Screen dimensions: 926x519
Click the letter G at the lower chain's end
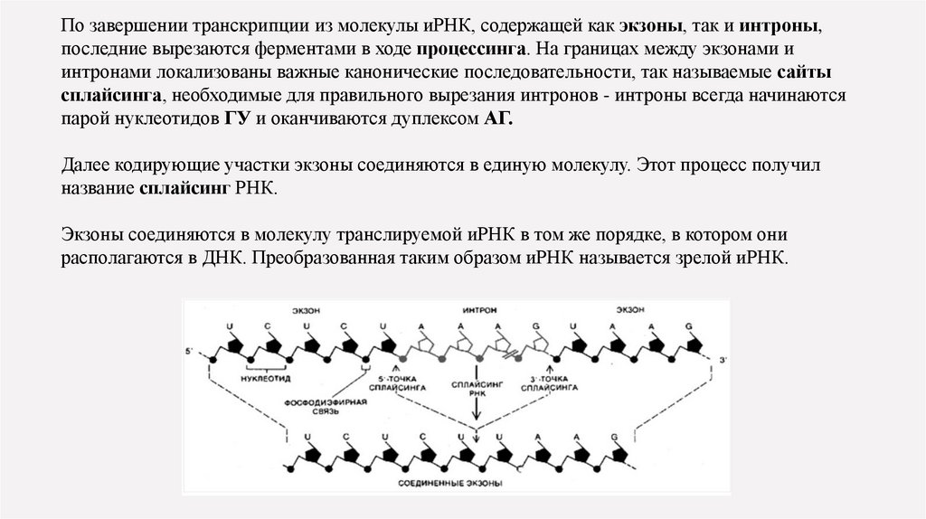pos(615,437)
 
